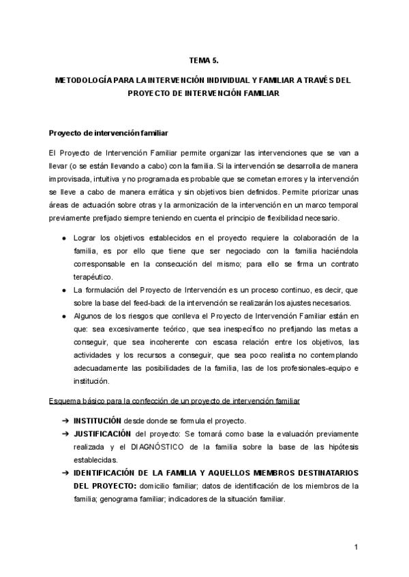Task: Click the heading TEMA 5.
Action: [x=204, y=61]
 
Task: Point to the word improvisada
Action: [x=70, y=179]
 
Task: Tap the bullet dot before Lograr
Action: [x=63, y=238]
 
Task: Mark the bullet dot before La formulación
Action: [x=63, y=290]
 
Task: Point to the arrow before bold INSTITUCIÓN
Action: [x=64, y=421]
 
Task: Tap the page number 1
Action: [x=356, y=548]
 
